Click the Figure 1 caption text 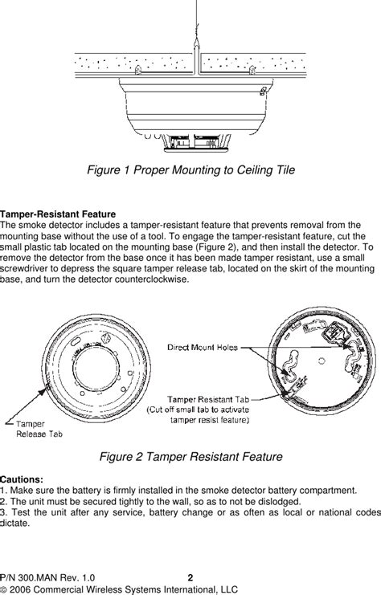point(191,170)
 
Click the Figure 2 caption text point(190,457)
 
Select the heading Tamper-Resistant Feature point(58,215)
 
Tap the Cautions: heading point(22,478)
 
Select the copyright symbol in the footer point(5,588)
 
